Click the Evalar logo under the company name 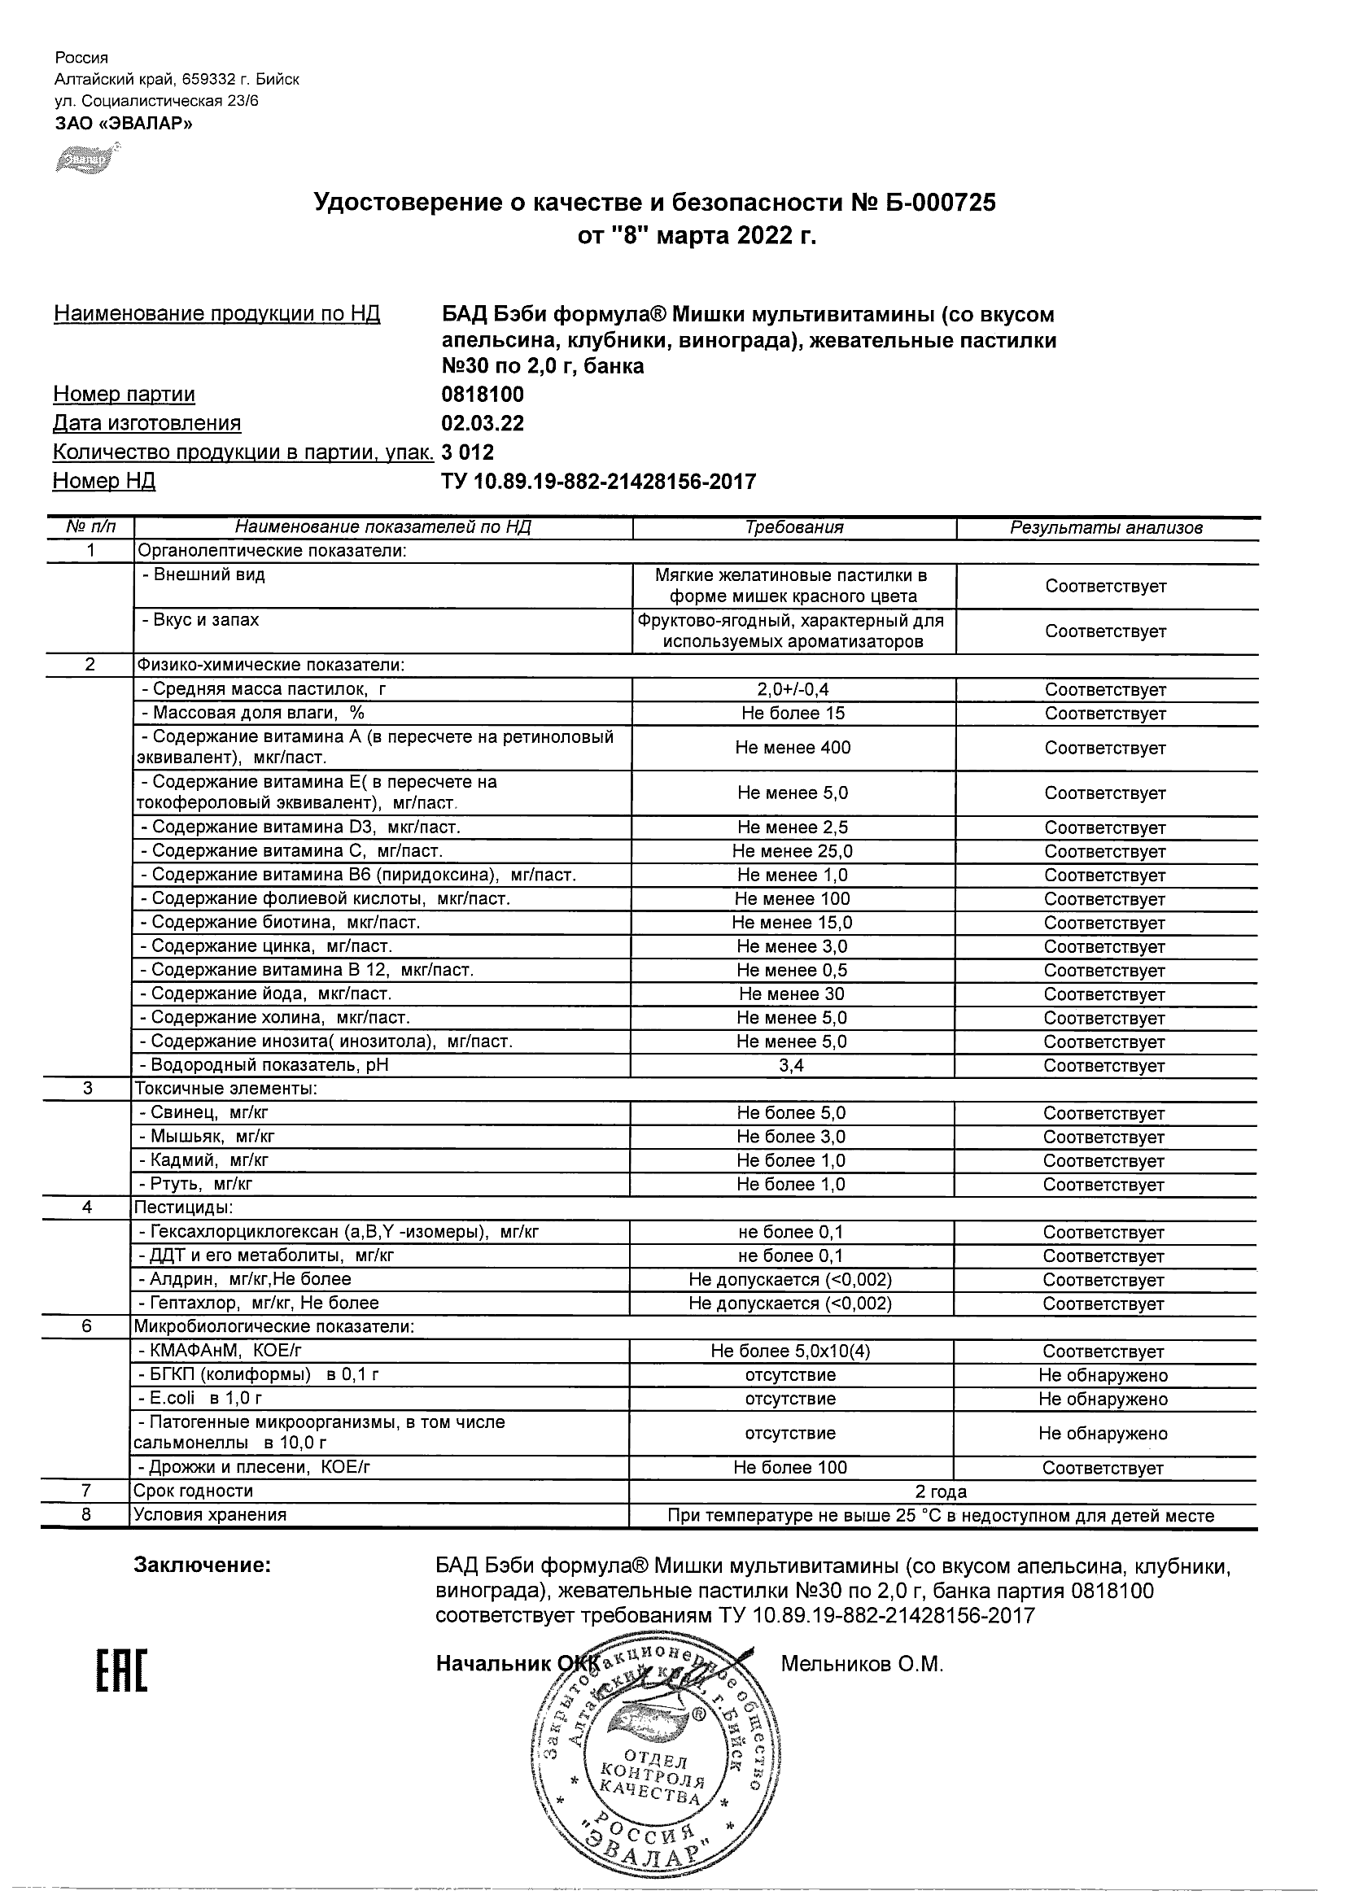(x=87, y=159)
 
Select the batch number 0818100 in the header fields (x=482, y=395)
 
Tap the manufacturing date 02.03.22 (x=482, y=424)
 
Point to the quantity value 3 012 (x=467, y=452)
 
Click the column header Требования (x=793, y=527)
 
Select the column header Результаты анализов (x=1105, y=528)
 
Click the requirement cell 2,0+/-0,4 (x=793, y=690)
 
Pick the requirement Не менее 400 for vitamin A (x=793, y=748)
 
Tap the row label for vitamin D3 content (x=300, y=828)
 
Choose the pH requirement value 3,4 (x=791, y=1066)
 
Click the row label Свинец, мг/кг (x=203, y=1113)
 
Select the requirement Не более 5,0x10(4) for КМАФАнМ (x=790, y=1352)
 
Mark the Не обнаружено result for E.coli (x=1103, y=1399)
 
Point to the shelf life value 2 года (x=942, y=1491)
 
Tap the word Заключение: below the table (x=203, y=1566)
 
